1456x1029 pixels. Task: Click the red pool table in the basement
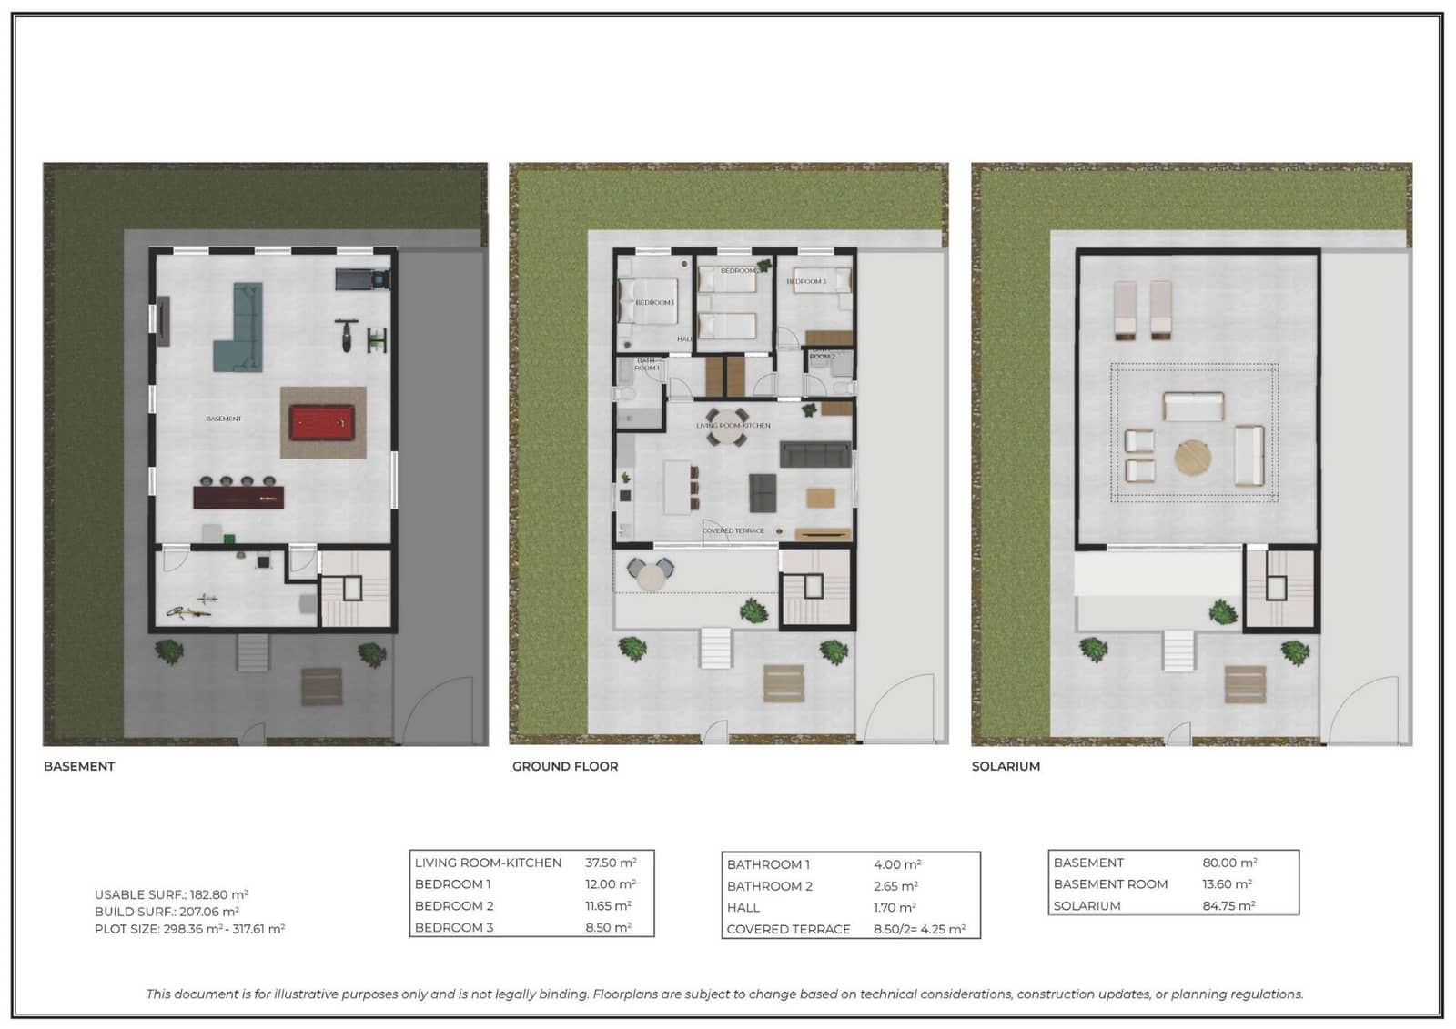coord(324,423)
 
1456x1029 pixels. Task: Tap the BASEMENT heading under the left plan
coord(79,766)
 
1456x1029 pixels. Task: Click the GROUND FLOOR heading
coord(565,766)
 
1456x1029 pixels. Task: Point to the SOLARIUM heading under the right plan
coord(1006,766)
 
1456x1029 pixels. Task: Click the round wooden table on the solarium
coord(1193,458)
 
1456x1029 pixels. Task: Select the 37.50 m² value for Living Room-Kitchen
coord(611,863)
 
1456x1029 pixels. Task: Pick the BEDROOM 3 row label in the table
coord(454,927)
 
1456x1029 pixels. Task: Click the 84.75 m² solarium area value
coord(1228,905)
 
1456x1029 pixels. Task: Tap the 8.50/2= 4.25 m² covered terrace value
coord(919,929)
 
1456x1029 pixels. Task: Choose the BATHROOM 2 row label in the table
coord(770,885)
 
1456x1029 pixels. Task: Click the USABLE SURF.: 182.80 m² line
coord(171,894)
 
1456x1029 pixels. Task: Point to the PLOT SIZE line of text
coord(189,929)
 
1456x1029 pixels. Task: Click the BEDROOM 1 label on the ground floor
coord(654,302)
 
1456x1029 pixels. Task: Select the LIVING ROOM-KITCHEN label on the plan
coord(733,425)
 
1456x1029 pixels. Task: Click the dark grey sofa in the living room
coord(815,454)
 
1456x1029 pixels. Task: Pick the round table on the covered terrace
coord(651,575)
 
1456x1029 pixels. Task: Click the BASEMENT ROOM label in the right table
coord(1110,883)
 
